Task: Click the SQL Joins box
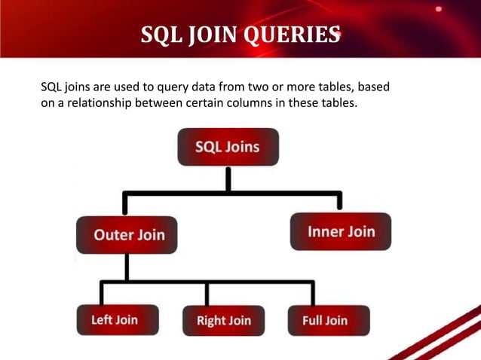[228, 147]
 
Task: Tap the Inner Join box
[341, 231]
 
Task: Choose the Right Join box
[223, 321]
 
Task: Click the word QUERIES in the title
[290, 35]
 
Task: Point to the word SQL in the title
[161, 35]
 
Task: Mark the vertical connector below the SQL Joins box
[228, 179]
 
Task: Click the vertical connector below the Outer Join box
[127, 267]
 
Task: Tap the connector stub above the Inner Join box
[340, 201]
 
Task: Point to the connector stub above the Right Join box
[207, 293]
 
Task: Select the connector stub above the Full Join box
[312, 293]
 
